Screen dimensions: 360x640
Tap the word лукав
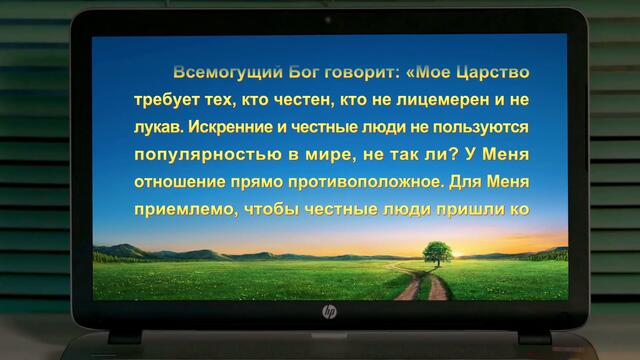point(156,129)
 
